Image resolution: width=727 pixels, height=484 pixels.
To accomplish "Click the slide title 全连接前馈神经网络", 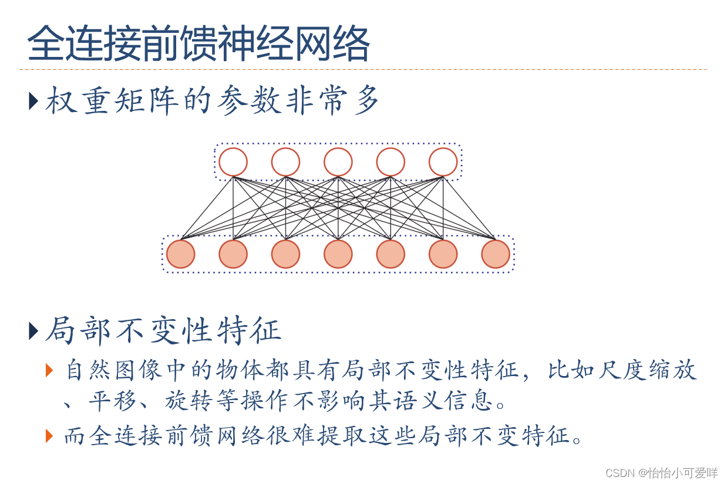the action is [x=198, y=43].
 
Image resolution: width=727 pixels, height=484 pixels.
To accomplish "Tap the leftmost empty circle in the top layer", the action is [x=233, y=162].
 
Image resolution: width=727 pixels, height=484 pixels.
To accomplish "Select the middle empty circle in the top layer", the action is [x=338, y=162].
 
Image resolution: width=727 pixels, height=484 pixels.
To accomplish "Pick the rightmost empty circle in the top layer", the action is [x=443, y=162].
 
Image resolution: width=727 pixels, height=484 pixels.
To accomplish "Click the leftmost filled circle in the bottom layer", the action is [x=181, y=254].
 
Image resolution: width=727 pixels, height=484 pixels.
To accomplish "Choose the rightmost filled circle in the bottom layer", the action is [x=496, y=254].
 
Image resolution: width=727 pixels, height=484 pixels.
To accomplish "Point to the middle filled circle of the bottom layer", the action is [x=338, y=254].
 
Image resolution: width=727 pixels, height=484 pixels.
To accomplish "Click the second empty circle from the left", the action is [x=285, y=162].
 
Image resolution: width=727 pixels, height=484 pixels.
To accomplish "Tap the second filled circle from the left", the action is [x=233, y=254].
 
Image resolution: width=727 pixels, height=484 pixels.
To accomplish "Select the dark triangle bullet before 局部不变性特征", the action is [x=33, y=331].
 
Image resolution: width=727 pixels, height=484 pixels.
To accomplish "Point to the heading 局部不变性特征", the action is [x=163, y=331].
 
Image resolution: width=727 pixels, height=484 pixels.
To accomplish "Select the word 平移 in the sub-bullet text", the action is [x=111, y=402].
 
